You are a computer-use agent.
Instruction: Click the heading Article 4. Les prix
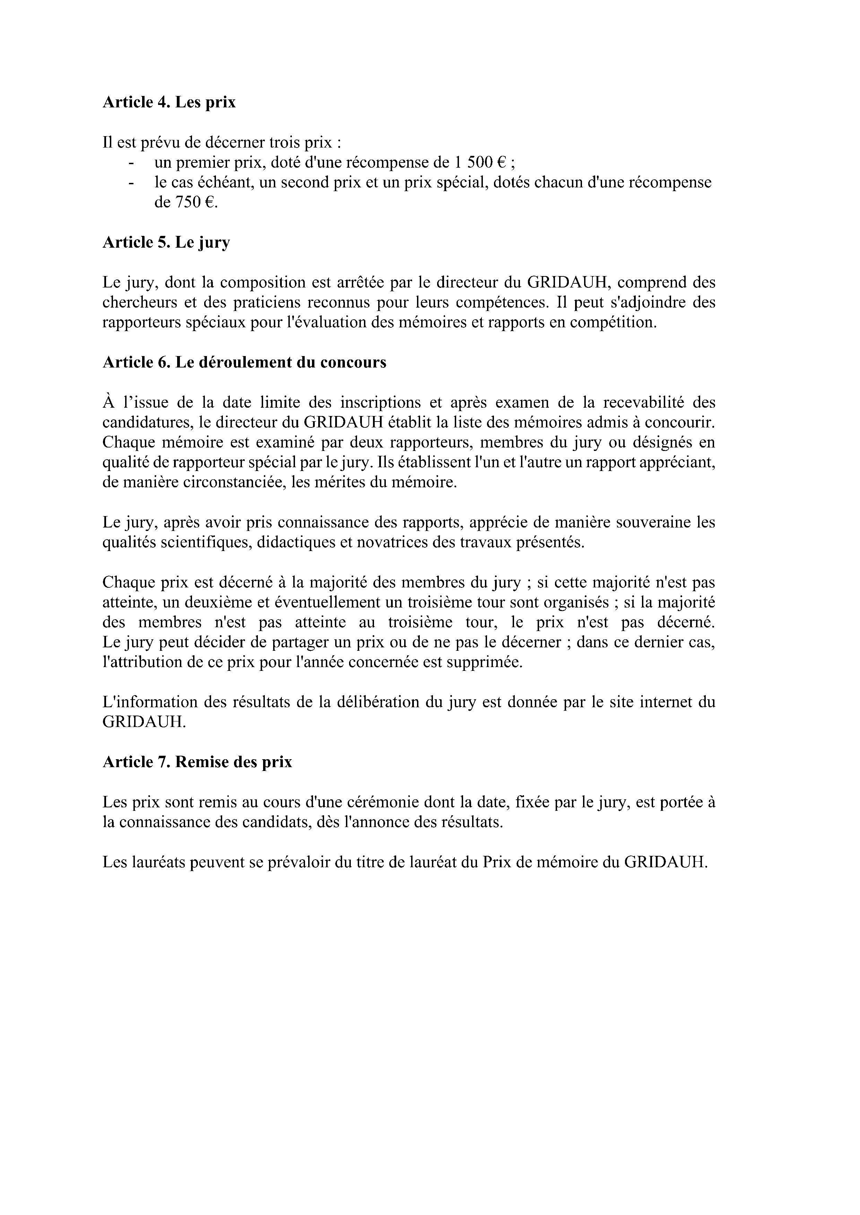click(x=169, y=102)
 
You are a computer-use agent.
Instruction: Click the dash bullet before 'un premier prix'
click(x=131, y=162)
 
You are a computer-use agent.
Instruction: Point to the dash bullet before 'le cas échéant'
click(x=131, y=183)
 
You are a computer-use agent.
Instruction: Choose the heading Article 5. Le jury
click(x=166, y=242)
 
